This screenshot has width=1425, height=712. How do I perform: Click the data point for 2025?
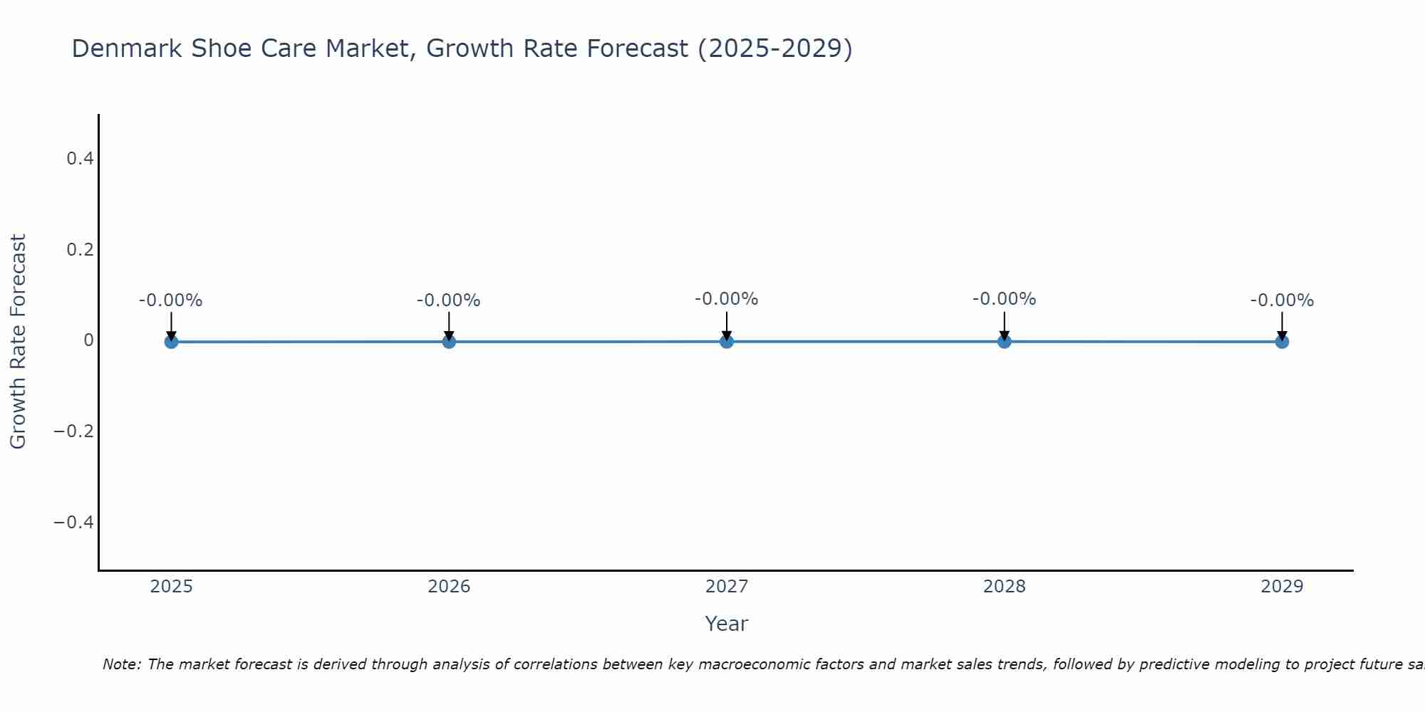coord(171,342)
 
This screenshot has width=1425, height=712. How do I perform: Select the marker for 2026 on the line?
coord(449,342)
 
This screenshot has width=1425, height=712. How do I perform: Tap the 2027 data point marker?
coord(727,342)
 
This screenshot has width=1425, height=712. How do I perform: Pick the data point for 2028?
coord(1004,342)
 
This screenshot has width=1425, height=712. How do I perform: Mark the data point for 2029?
coord(1282,342)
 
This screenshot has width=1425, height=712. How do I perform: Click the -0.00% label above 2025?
coord(171,300)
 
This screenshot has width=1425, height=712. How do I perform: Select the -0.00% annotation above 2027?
coord(727,299)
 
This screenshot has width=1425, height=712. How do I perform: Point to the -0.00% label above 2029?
coord(1282,300)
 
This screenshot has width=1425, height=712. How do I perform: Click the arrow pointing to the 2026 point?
coord(449,326)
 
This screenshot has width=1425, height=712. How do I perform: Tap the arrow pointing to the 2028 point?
coord(1004,326)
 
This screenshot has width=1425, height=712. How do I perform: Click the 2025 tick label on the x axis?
coord(171,587)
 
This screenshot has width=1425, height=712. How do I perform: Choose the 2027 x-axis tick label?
coord(727,587)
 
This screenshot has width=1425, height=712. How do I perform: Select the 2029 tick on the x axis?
coord(1282,587)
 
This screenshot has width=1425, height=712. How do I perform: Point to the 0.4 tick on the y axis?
coord(80,159)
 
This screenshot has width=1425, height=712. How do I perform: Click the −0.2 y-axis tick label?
coord(73,431)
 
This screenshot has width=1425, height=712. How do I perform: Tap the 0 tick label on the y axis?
coord(88,340)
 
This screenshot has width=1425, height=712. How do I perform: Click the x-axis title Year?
coord(726,624)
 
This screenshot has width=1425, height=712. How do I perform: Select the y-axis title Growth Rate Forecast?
coord(18,341)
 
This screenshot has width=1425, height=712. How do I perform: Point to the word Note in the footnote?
coord(122,664)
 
